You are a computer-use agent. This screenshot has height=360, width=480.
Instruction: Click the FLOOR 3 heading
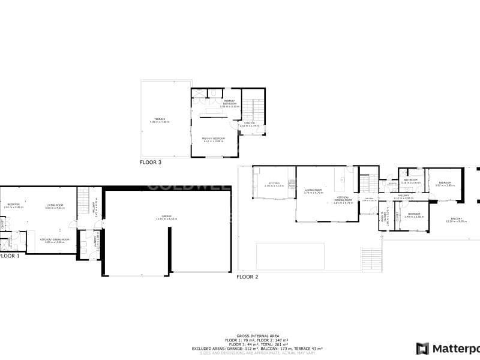(x=151, y=162)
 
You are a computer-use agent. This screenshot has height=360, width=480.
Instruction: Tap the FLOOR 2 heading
(x=247, y=277)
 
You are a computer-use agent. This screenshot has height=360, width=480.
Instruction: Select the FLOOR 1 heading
(x=9, y=256)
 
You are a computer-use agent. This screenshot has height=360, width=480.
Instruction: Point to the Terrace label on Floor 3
(x=159, y=121)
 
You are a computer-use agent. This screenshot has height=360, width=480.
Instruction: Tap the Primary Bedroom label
(x=214, y=140)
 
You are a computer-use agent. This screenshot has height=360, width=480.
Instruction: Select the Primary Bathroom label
(x=229, y=103)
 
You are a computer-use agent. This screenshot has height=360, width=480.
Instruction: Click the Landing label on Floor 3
(x=248, y=124)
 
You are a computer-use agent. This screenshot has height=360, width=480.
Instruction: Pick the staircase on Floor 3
(x=252, y=109)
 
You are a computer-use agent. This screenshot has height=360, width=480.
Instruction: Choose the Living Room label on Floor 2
(x=313, y=191)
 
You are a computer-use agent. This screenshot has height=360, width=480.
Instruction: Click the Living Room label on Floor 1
(x=55, y=206)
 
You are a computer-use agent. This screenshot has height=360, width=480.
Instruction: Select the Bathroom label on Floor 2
(x=411, y=181)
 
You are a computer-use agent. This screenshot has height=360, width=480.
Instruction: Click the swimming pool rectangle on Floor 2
(x=290, y=256)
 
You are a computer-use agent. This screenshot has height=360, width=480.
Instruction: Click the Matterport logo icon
(x=423, y=349)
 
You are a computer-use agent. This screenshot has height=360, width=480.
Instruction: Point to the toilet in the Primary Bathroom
(x=213, y=93)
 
